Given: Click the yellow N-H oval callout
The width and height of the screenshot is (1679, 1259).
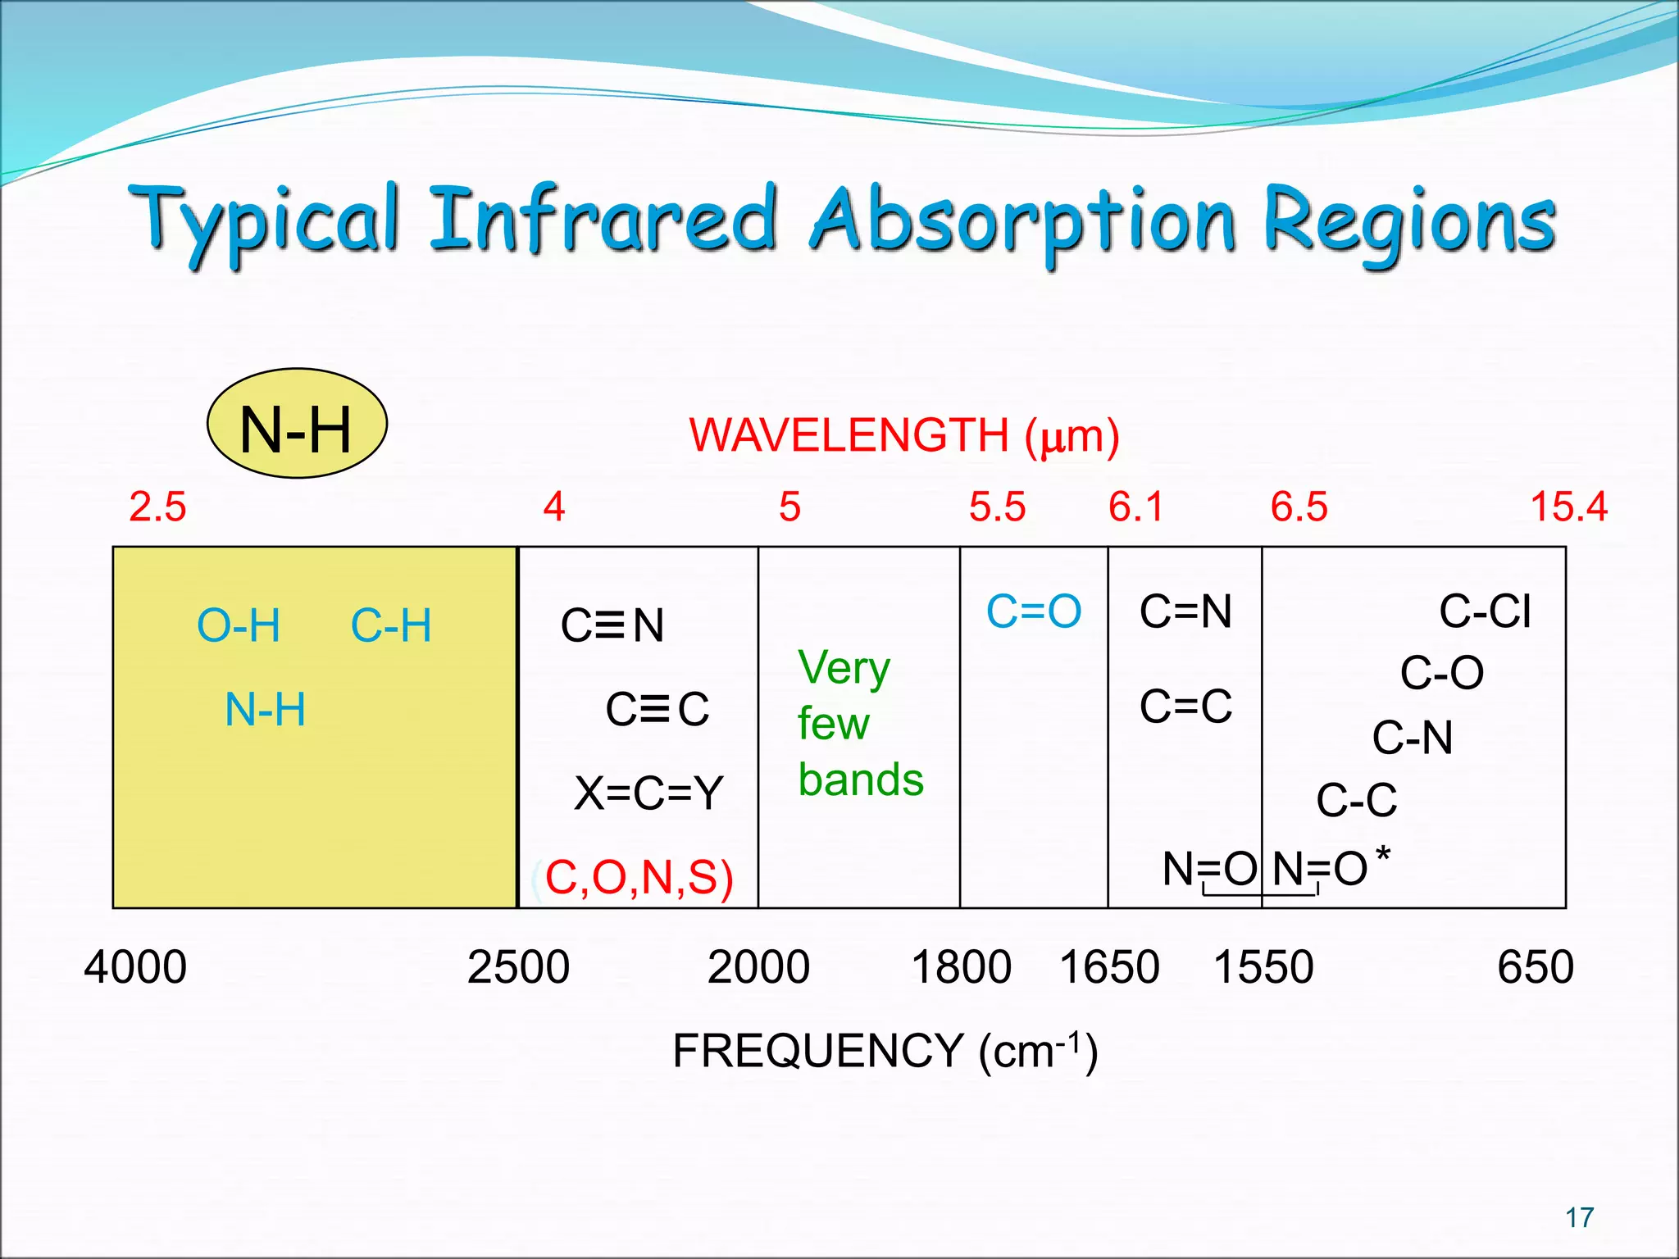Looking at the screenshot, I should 297,424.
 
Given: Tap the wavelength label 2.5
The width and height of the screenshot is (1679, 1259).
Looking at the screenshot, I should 157,507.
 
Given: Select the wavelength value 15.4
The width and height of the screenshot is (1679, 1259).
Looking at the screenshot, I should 1568,507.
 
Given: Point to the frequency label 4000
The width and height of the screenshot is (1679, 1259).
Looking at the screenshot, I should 135,966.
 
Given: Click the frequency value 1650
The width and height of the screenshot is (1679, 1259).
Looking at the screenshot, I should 1109,966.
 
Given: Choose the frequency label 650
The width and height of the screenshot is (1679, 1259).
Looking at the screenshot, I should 1535,966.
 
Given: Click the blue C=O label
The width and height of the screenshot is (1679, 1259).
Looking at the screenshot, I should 1033,611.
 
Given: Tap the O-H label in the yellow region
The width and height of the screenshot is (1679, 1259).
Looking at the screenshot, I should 239,626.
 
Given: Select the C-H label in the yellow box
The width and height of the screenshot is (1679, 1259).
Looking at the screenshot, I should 391,626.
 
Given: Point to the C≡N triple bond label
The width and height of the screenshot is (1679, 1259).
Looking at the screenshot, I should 612,625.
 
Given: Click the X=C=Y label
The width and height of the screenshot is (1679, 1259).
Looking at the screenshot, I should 648,793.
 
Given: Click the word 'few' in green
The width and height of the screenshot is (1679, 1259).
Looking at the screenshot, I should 833,724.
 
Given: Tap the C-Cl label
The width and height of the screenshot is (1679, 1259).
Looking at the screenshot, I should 1485,611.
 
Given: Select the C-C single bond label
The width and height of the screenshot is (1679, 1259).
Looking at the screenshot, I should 1356,800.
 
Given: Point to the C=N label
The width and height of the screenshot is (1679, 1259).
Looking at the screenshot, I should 1185,611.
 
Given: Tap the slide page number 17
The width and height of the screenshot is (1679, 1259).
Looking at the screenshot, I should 1579,1218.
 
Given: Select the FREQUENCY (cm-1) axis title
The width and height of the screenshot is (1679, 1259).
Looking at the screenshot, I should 885,1051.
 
